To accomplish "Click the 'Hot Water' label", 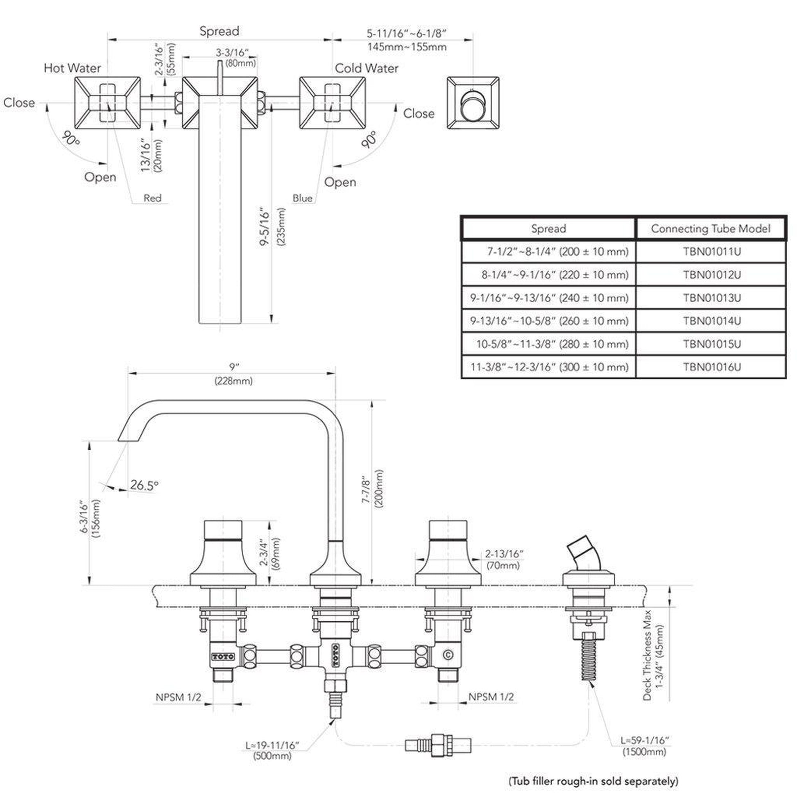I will tap(72, 68).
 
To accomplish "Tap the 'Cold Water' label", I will tap(366, 68).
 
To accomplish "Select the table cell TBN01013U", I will tap(712, 298).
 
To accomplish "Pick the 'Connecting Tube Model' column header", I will tap(710, 229).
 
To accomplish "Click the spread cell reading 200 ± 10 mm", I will tap(557, 251).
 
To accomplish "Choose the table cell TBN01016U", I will tap(712, 367).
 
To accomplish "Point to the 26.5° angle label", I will tap(144, 485).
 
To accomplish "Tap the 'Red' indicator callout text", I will tap(152, 198).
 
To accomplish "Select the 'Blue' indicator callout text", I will tap(302, 198).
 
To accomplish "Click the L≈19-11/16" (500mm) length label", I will tap(272, 751).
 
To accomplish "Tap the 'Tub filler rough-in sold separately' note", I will tap(593, 781).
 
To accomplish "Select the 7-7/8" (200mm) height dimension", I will tap(373, 489).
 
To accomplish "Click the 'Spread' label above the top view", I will tap(219, 31).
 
